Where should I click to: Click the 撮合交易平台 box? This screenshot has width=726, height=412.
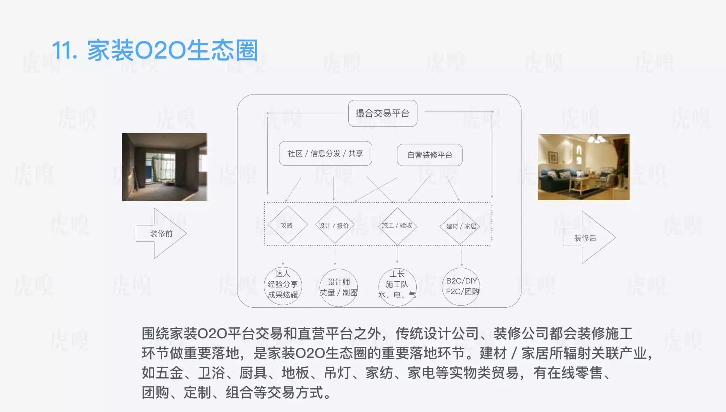tap(382, 113)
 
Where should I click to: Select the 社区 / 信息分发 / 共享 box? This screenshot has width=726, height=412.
tap(325, 153)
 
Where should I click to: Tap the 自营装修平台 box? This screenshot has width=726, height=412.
tap(430, 155)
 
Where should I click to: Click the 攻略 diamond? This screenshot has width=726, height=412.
tap(287, 225)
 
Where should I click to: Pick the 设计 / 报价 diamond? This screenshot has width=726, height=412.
tap(334, 226)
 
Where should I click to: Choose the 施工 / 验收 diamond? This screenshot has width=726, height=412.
tap(397, 226)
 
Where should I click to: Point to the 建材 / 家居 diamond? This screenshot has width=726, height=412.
tap(461, 226)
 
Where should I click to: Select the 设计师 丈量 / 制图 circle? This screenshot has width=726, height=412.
tap(338, 287)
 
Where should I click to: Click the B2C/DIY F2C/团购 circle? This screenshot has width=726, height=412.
tap(461, 286)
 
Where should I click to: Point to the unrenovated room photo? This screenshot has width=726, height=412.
tap(164, 167)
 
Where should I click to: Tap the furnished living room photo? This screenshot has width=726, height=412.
tap(584, 167)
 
